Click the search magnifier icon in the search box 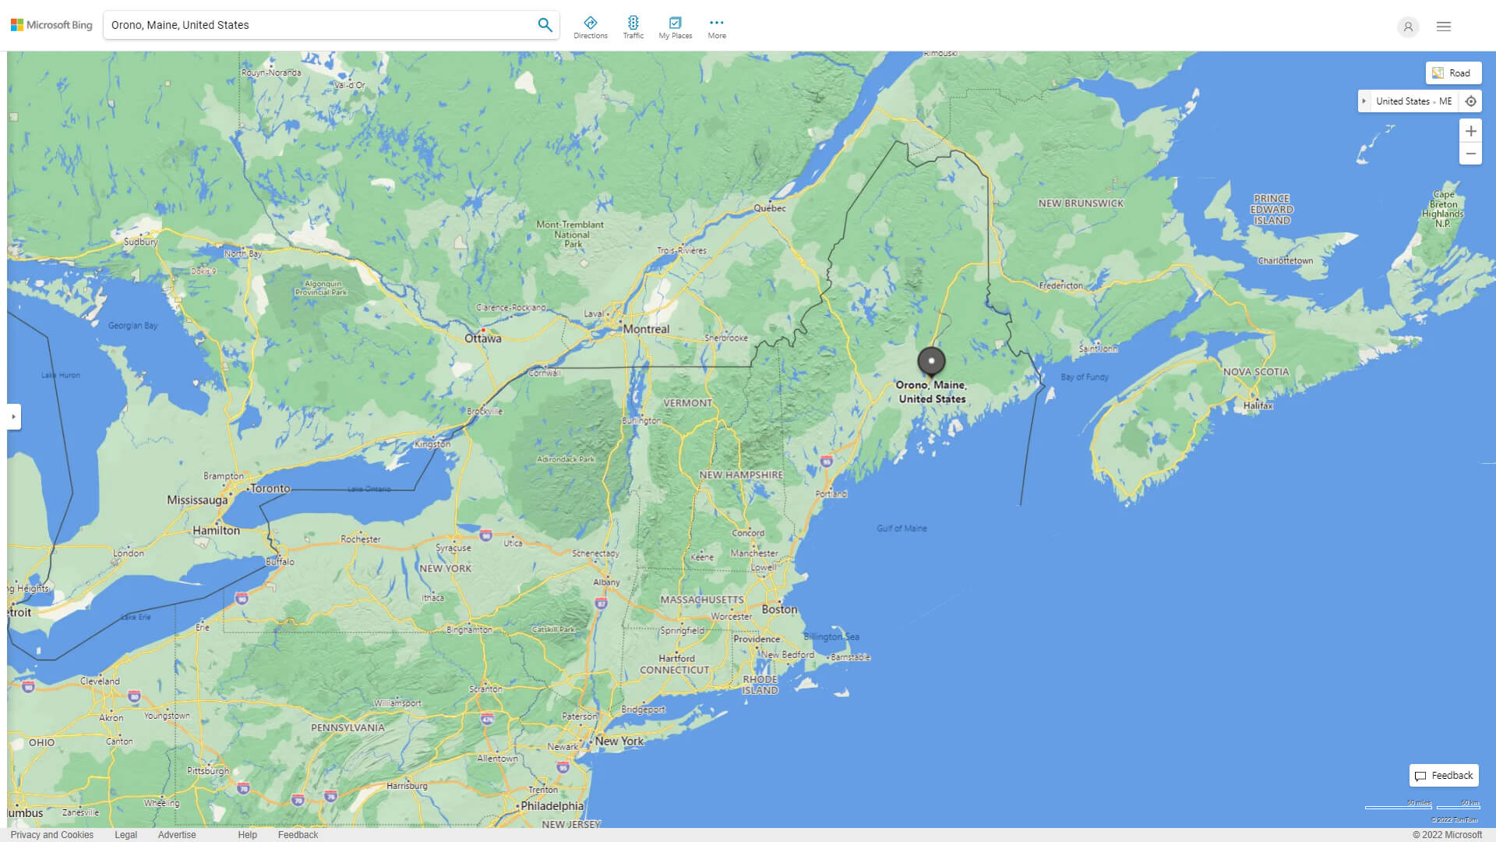[545, 25]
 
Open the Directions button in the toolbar [590, 27]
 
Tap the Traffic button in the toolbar [633, 27]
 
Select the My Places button [675, 27]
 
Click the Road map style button [1453, 73]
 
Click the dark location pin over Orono [931, 361]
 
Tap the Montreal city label [646, 329]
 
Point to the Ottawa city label [483, 338]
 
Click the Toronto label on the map [270, 489]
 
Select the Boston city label [779, 610]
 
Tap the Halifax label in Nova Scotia [1258, 405]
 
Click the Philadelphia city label [552, 806]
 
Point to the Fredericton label [1060, 286]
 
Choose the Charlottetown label [1285, 261]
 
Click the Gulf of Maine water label [901, 529]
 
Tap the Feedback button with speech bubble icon [1444, 776]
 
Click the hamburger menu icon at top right [1444, 27]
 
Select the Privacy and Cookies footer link [52, 835]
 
